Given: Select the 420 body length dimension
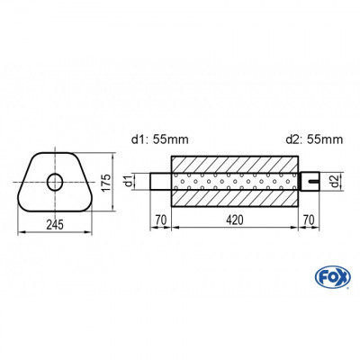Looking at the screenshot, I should (235, 220).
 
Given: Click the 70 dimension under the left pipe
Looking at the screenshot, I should (159, 220).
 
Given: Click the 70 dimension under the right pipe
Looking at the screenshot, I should (310, 220).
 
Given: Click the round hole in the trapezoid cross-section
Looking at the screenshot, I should (55, 183).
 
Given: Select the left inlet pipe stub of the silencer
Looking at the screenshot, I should (159, 182).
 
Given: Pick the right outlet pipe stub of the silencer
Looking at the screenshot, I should (310, 182).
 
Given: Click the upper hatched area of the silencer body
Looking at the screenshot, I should (235, 163).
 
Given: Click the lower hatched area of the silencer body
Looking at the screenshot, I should (235, 200).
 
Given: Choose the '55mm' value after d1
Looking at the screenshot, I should (173, 139).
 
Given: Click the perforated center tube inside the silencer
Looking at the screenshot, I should (235, 182).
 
